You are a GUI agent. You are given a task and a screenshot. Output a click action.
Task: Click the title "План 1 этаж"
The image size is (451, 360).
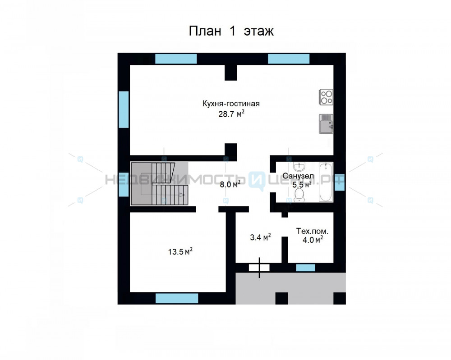pyautogui.click(x=231, y=31)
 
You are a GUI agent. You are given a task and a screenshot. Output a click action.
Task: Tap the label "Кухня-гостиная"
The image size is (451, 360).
pyautogui.click(x=231, y=104)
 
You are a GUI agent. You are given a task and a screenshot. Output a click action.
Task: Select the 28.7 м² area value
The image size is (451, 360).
pyautogui.click(x=231, y=114)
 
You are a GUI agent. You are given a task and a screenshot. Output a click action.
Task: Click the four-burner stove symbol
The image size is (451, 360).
pyautogui.click(x=326, y=97)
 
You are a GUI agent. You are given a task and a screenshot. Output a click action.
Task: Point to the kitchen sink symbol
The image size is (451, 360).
pyautogui.click(x=326, y=124)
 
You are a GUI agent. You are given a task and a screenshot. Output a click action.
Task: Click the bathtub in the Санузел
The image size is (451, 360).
pyautogui.click(x=326, y=182)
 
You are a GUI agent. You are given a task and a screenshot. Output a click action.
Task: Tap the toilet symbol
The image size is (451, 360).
pyautogui.click(x=299, y=196)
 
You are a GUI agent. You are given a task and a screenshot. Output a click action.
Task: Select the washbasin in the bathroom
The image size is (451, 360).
pyautogui.click(x=299, y=166)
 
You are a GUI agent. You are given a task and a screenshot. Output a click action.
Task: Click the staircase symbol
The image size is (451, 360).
pyautogui.click(x=159, y=183)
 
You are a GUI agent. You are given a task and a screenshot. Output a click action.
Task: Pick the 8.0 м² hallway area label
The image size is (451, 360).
pyautogui.click(x=230, y=184)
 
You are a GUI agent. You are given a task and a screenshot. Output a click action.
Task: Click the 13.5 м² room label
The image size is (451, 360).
pyautogui.click(x=180, y=251)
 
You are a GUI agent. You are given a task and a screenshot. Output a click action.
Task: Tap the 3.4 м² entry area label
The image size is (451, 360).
pyautogui.click(x=260, y=237)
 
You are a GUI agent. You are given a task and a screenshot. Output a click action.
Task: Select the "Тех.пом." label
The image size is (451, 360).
pyautogui.click(x=312, y=231)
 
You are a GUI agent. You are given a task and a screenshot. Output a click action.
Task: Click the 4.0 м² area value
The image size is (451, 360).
pyautogui.click(x=313, y=239)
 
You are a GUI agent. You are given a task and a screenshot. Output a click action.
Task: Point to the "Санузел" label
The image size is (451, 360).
pyautogui.click(x=298, y=176)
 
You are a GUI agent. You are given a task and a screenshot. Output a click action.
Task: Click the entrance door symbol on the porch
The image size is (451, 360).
pyautogui.click(x=259, y=268)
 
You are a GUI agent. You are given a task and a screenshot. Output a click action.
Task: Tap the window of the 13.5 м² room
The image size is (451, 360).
pyautogui.click(x=177, y=298)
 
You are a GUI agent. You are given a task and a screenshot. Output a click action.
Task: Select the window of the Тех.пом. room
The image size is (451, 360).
pyautogui.click(x=306, y=268)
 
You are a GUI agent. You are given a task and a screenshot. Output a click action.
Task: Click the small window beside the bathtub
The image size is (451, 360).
pyautogui.click(x=340, y=182)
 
